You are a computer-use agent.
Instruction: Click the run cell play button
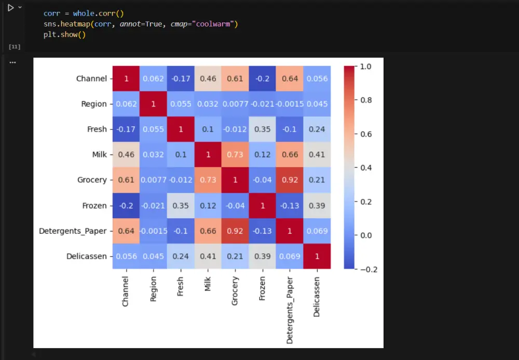pos(10,8)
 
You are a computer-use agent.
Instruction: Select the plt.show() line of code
pos(64,35)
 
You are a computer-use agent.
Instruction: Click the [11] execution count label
pos(15,47)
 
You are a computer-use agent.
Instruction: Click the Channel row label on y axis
pos(91,78)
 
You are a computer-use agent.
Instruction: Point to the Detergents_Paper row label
pos(73,231)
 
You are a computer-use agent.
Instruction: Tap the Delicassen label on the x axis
pos(317,296)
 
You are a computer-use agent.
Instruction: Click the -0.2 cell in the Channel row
pos(262,78)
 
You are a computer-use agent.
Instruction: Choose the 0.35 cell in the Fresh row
pos(262,129)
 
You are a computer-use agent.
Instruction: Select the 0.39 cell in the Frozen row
pos(317,205)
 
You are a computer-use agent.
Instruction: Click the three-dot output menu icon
pos(12,62)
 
